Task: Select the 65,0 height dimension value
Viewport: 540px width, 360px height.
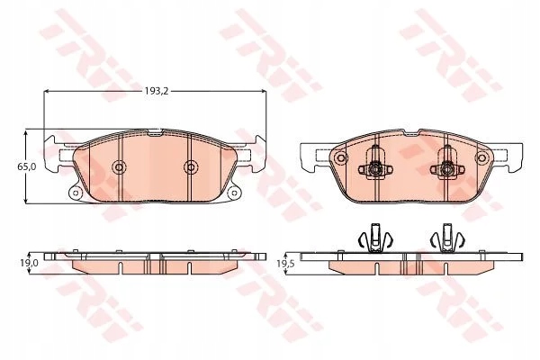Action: [28, 167]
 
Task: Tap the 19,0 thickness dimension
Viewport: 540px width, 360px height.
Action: [31, 262]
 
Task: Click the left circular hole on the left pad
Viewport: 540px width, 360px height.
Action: [118, 167]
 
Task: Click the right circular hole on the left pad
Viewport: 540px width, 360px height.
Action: [190, 167]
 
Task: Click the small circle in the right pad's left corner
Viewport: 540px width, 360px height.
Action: [340, 157]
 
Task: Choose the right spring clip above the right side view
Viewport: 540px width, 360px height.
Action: [444, 238]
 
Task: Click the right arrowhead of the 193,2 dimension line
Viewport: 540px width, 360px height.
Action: [264, 92]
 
